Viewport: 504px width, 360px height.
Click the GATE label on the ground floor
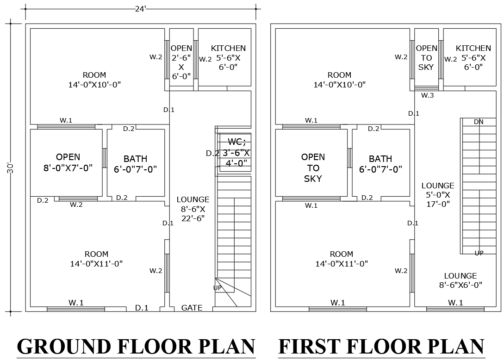click(192, 308)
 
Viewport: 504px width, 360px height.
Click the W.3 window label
click(427, 95)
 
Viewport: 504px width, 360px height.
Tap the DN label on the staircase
click(479, 122)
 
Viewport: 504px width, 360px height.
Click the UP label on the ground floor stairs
click(217, 288)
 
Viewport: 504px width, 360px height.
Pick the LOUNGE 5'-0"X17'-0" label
click(437, 194)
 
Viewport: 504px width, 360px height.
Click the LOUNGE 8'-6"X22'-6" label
click(193, 209)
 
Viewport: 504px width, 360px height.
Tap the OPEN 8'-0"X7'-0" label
click(68, 162)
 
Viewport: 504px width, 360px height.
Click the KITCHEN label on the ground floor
click(228, 57)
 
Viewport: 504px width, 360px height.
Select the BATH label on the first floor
click(380, 164)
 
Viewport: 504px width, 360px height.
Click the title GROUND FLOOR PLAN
click(136, 347)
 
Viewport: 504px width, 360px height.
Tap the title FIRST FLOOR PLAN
click(381, 347)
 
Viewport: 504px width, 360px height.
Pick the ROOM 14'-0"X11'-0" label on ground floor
click(96, 259)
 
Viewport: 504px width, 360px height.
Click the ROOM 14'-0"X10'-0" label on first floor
click(339, 80)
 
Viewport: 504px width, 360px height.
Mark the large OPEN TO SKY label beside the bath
click(313, 168)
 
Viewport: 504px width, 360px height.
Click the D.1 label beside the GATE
click(142, 308)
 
